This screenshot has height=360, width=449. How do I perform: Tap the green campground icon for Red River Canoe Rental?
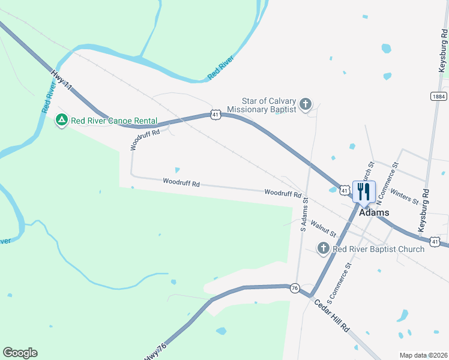point(61,120)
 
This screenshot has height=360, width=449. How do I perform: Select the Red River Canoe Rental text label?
point(114,121)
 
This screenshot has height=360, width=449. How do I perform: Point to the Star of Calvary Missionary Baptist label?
point(269,106)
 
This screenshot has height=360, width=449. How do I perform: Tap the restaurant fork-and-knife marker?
point(364,192)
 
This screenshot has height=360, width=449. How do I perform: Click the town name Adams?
point(374,212)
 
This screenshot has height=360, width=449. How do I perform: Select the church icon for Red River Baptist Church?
point(323,248)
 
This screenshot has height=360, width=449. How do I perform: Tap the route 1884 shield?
point(438,96)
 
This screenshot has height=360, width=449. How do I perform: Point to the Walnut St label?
point(323,230)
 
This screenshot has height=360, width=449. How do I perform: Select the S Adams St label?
point(304,215)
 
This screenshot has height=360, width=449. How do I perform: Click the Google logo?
point(20,353)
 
